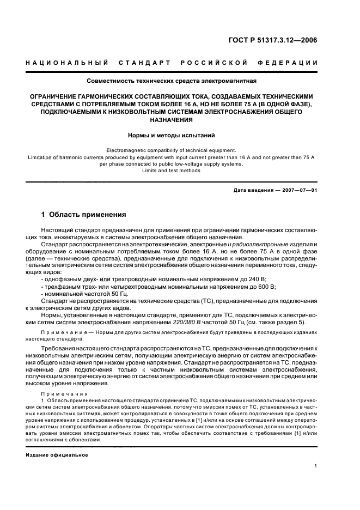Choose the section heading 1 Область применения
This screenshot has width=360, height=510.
point(84,215)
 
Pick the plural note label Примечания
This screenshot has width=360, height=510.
point(59,392)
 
